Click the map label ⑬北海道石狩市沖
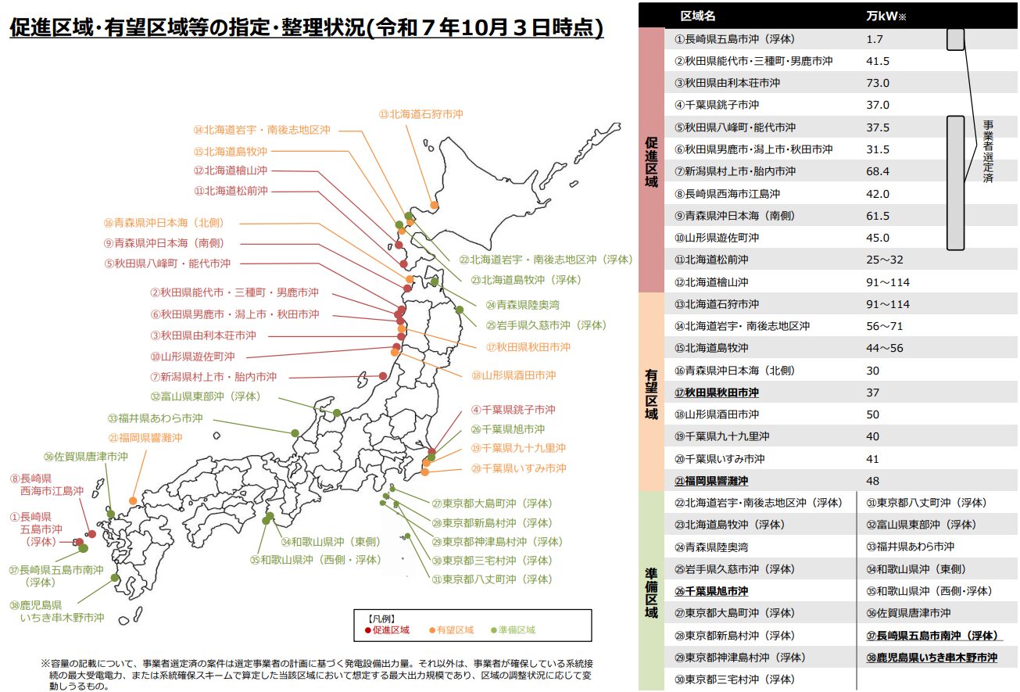[x=421, y=113]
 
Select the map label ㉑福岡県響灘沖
[x=145, y=438]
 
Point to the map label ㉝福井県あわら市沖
[x=156, y=418]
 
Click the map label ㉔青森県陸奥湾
[x=521, y=305]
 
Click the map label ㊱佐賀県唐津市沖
[x=86, y=457]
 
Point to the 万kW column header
[x=883, y=16]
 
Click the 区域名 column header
[x=697, y=16]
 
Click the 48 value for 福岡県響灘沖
[x=873, y=481]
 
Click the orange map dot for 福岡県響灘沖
[x=133, y=500]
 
